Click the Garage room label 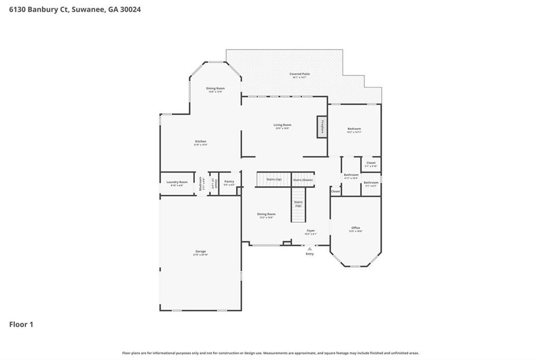200,251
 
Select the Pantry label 229,182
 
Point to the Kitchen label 200,141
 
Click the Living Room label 282,125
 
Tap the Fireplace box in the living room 322,127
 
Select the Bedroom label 354,129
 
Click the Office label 356,228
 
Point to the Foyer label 311,231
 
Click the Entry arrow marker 310,249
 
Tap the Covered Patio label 299,74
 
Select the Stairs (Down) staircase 303,179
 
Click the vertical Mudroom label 201,183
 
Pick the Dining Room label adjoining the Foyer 266,214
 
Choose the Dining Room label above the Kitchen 215,88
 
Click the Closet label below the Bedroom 371,163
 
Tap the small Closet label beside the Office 335,191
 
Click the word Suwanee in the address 87,9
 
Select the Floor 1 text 21,325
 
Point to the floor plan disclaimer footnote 270,353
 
